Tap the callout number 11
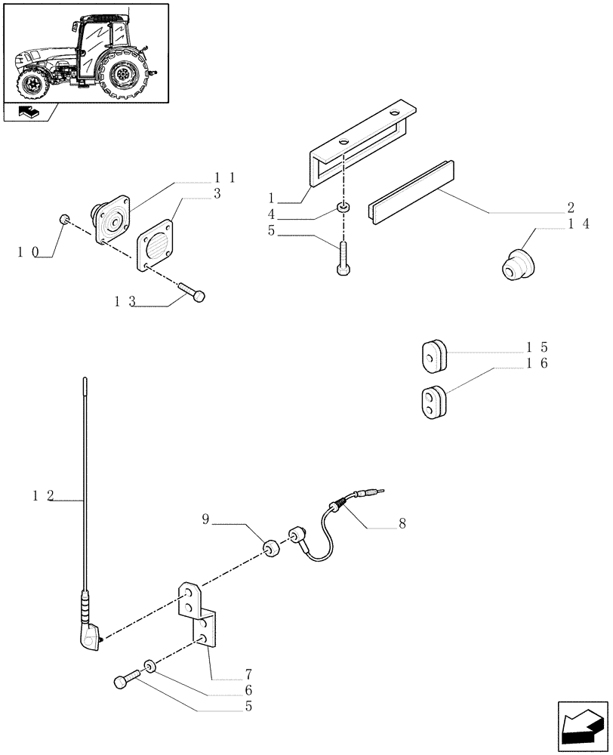coord(225,178)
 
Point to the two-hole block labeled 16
coord(431,401)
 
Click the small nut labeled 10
coord(65,220)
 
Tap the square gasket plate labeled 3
coord(156,244)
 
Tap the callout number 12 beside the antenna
coord(43,496)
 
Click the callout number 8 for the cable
coord(402,523)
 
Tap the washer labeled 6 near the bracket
coord(150,667)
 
